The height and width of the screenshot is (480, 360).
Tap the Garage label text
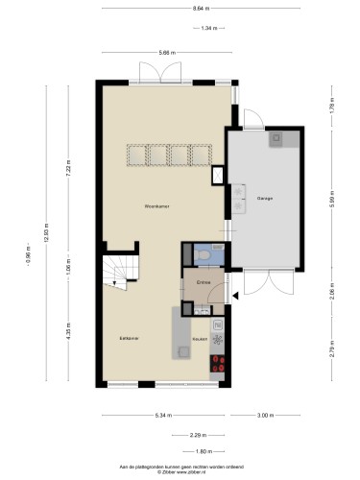click(264, 199)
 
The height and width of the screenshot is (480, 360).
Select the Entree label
click(204, 282)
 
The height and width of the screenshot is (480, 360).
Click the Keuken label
click(200, 339)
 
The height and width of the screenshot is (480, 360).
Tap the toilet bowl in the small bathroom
click(215, 254)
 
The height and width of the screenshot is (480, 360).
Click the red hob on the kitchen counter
click(218, 363)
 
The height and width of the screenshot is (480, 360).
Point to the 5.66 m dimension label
click(166, 52)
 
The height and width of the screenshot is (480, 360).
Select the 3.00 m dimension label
click(265, 415)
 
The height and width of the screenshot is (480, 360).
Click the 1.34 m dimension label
click(234, 29)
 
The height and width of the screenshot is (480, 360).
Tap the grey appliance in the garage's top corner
click(276, 138)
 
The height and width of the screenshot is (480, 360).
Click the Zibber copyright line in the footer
click(180, 470)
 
